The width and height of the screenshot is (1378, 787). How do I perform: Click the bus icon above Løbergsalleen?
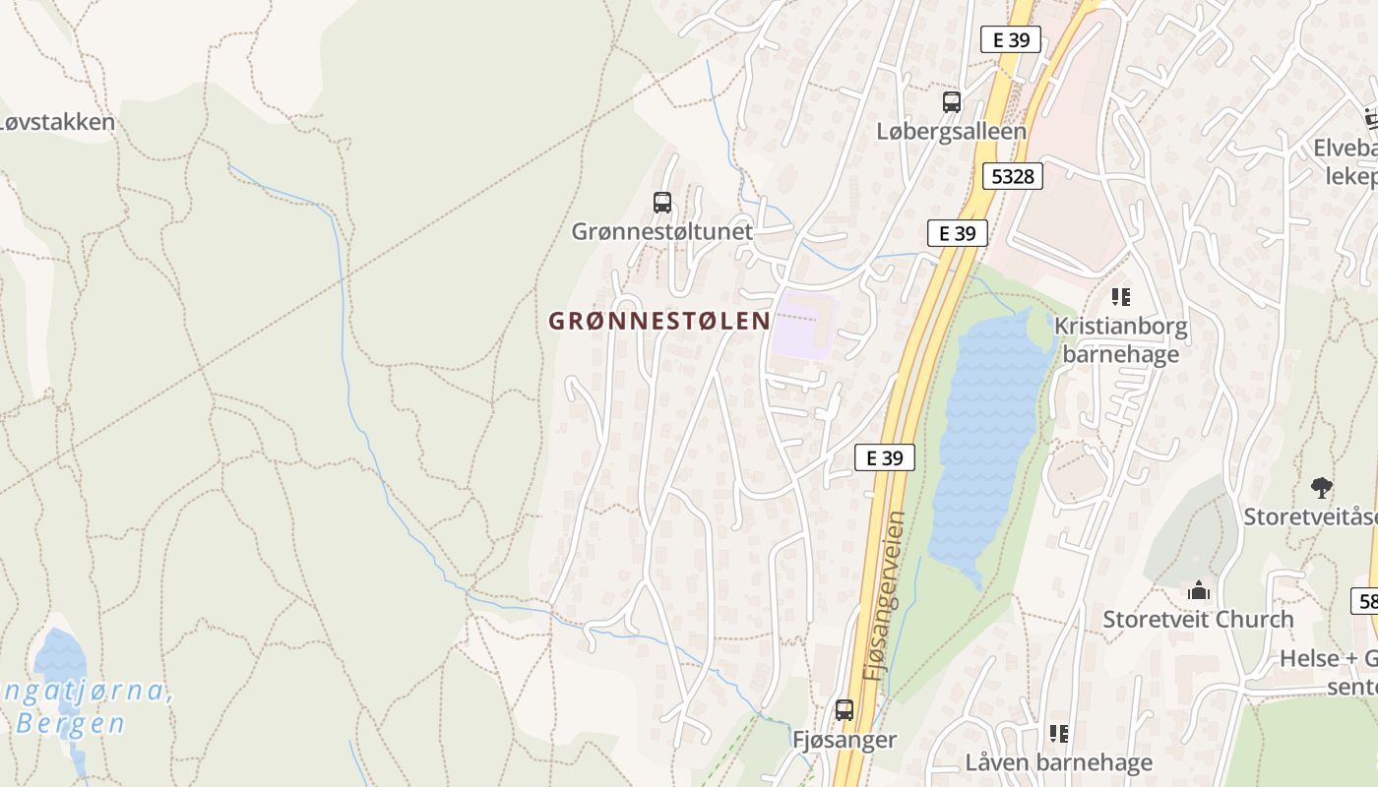(951, 101)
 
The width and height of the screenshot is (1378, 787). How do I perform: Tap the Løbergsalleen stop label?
(951, 131)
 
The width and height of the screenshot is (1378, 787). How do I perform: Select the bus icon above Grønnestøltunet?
(662, 203)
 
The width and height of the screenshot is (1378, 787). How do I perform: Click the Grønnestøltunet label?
(661, 232)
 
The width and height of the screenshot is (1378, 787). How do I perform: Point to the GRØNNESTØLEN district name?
(658, 321)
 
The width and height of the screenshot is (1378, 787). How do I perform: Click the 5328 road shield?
(1013, 176)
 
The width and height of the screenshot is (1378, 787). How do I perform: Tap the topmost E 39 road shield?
(1011, 40)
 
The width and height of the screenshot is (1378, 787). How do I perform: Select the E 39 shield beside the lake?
(885, 457)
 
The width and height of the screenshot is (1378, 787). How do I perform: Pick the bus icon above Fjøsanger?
(844, 709)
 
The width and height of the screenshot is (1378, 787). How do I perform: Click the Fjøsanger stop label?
(845, 740)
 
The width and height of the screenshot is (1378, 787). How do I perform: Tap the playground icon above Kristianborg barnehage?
(1120, 296)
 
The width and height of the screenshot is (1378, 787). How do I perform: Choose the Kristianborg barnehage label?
(1121, 339)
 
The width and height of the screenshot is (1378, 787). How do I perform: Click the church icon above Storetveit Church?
(1198, 590)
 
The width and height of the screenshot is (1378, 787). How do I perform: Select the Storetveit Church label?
(1198, 620)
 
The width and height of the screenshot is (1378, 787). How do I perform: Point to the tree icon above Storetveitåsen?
(1321, 487)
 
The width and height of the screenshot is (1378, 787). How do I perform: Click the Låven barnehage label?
(1059, 762)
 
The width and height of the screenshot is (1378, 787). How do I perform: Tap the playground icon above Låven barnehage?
(1059, 733)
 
